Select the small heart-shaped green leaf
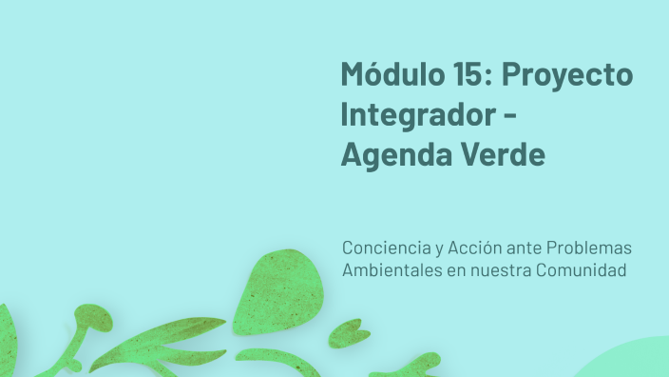pyautogui.click(x=349, y=332)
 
